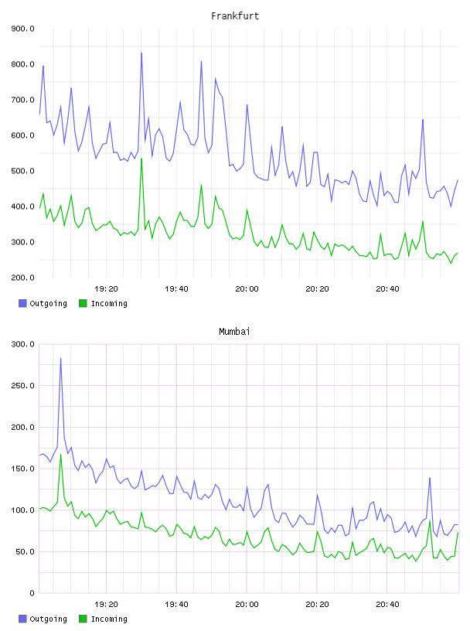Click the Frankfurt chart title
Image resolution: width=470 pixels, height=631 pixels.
click(235, 15)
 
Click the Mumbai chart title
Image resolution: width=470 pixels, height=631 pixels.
click(234, 331)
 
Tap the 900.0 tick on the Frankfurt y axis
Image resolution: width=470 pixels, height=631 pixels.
click(22, 29)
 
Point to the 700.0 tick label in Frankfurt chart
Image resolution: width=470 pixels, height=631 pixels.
click(22, 100)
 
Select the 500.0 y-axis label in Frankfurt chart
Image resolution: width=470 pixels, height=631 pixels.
click(22, 171)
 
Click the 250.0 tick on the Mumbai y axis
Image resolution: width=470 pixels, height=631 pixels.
click(22, 386)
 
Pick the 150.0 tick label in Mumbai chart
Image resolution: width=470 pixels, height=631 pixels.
click(22, 469)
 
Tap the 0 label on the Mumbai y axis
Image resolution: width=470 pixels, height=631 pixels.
click(32, 593)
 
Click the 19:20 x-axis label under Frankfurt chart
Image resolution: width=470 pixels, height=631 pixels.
click(106, 289)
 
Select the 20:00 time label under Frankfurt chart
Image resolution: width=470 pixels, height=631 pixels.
click(247, 289)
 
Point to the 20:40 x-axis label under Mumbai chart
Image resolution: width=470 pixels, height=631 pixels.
click(387, 605)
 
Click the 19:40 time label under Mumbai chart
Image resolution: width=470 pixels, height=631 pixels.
click(176, 605)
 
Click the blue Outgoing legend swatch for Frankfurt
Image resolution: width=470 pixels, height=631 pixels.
click(22, 303)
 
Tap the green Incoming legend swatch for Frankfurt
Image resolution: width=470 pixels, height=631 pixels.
click(83, 303)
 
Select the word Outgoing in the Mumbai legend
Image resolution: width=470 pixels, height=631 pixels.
click(48, 619)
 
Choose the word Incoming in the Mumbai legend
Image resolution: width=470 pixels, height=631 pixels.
click(109, 619)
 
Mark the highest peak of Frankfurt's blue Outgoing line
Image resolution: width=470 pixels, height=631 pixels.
click(141, 53)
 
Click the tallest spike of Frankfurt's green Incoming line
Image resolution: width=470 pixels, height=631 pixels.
click(141, 159)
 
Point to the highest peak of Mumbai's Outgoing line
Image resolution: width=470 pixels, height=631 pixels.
click(61, 358)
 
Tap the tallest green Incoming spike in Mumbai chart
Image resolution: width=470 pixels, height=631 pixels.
click(61, 455)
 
